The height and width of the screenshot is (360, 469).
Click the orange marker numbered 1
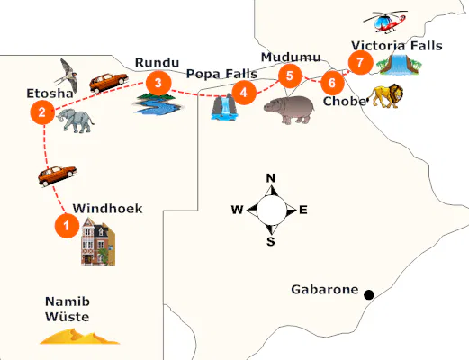(65, 226)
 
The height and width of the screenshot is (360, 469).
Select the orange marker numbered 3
(158, 84)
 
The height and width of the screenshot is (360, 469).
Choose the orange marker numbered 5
(288, 75)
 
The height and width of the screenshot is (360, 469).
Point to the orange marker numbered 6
(332, 83)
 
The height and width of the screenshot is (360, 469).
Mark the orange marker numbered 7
(360, 62)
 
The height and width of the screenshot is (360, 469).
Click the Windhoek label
(107, 207)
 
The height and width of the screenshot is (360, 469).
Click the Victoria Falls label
(396, 45)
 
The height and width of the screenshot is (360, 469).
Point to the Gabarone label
(324, 290)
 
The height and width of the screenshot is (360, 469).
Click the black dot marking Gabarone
(367, 293)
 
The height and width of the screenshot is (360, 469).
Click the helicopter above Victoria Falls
(385, 22)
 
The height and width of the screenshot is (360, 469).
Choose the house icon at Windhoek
(97, 240)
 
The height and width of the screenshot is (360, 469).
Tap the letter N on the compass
(271, 177)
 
